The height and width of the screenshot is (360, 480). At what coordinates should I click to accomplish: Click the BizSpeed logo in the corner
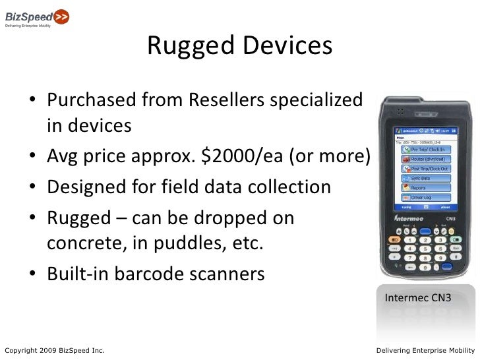point(36,16)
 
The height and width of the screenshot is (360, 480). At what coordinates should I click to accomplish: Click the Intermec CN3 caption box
point(418,298)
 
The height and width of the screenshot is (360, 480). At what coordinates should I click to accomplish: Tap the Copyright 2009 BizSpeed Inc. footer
point(54,349)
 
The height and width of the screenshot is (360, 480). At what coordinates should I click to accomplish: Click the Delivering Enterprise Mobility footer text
point(425,349)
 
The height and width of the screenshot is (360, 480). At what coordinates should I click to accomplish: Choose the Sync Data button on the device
point(429,169)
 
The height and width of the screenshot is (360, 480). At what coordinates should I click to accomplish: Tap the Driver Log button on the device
point(429,189)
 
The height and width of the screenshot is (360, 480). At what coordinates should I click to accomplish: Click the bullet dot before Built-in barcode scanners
point(32,274)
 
